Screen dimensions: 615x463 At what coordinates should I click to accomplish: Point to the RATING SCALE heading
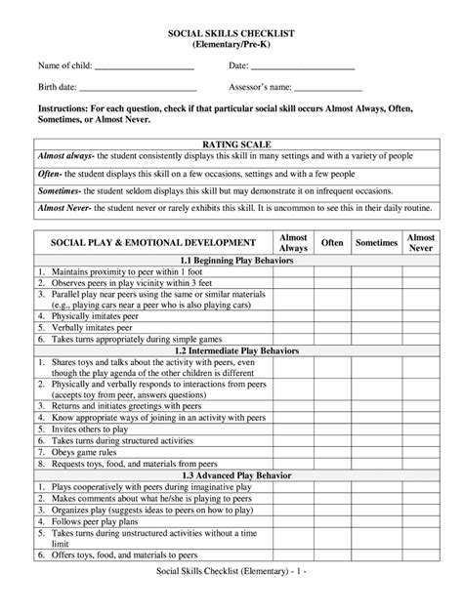pyautogui.click(x=231, y=143)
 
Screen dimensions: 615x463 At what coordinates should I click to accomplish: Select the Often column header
pyautogui.click(x=332, y=242)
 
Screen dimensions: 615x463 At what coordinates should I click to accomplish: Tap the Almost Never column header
pyautogui.click(x=420, y=242)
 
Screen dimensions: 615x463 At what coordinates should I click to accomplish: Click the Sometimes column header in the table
pyautogui.click(x=376, y=242)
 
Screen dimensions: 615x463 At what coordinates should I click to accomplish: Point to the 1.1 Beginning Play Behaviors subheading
pyautogui.click(x=231, y=261)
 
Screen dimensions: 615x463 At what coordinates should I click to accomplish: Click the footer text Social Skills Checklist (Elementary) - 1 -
pyautogui.click(x=231, y=596)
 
